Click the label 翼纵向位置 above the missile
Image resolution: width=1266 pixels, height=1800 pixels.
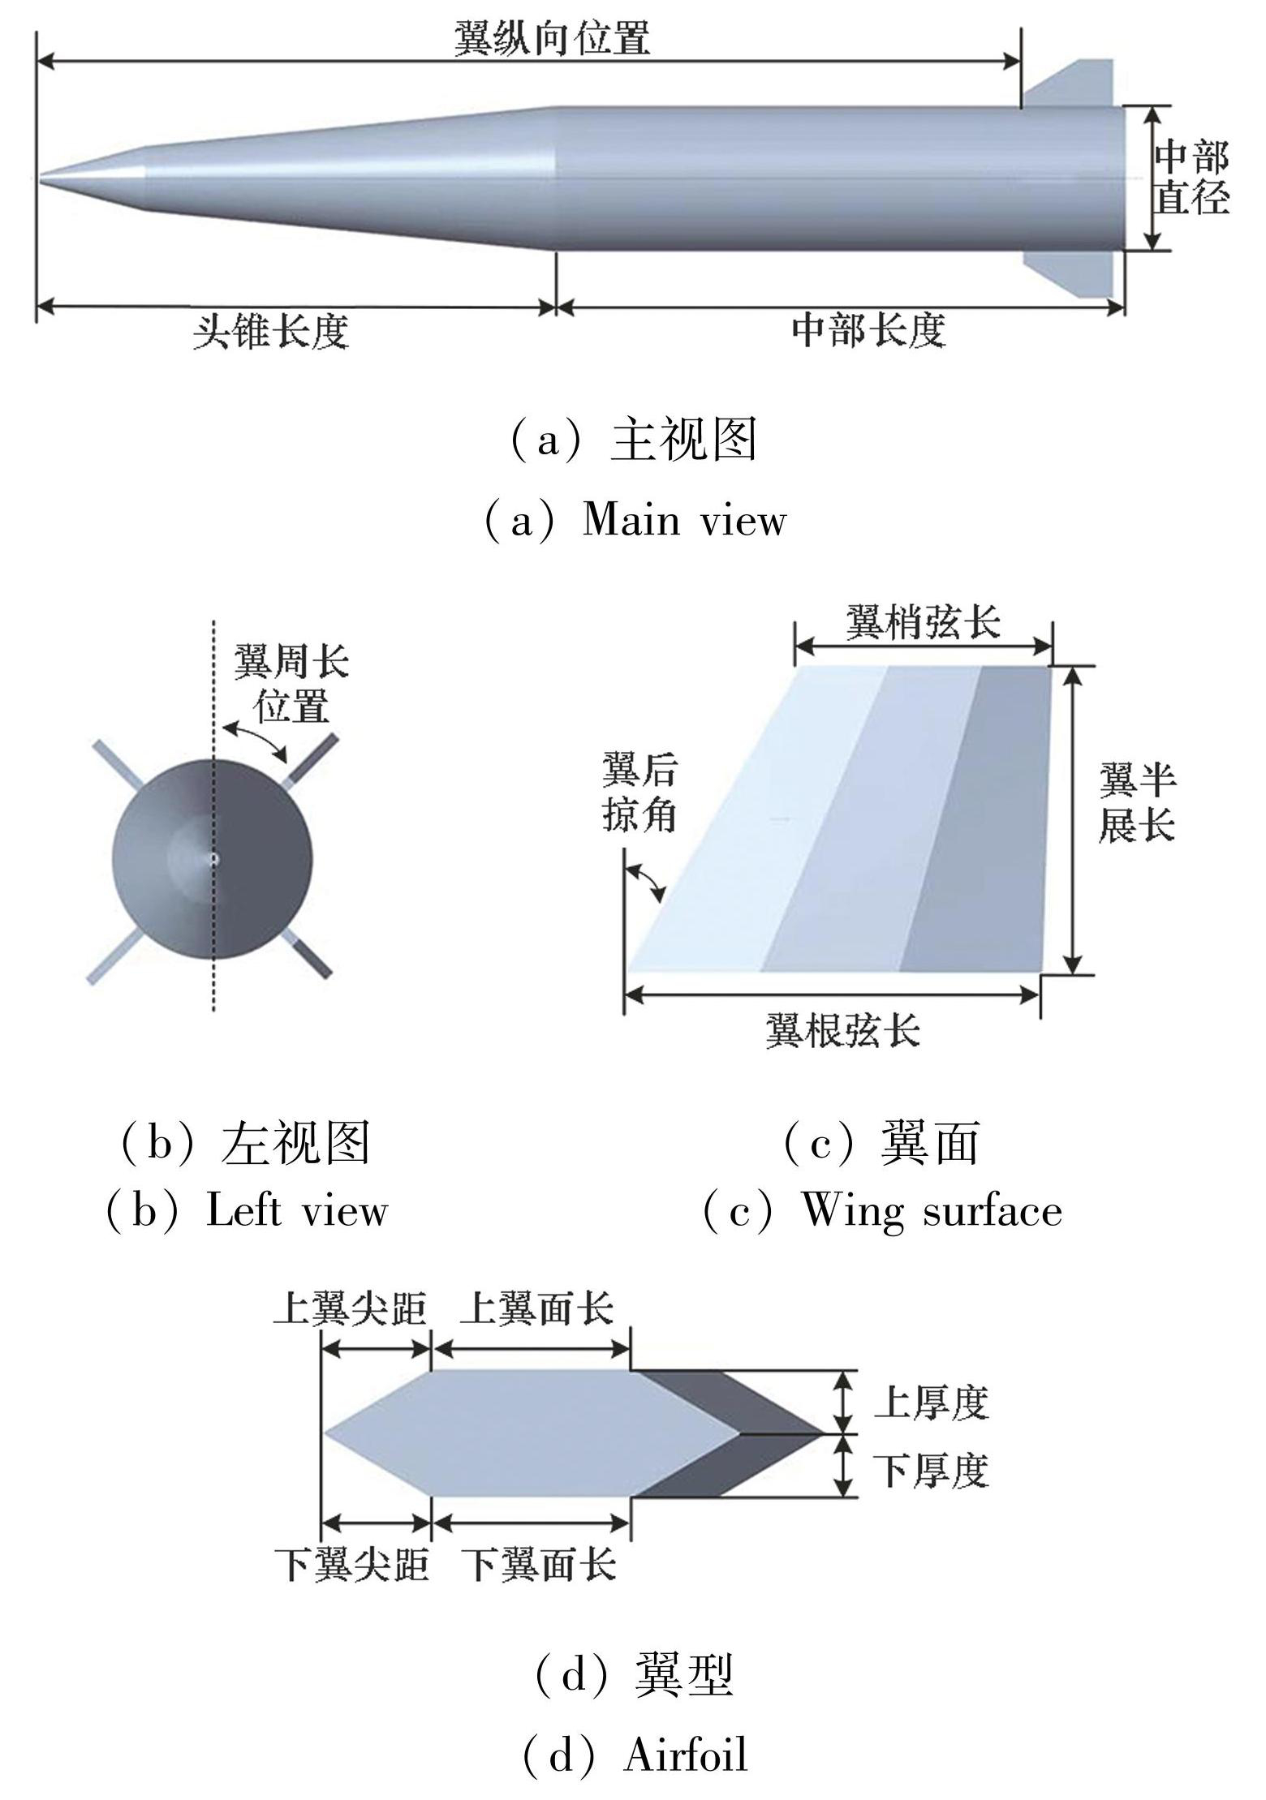[x=552, y=37]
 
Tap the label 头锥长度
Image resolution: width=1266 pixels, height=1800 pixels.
[x=270, y=332]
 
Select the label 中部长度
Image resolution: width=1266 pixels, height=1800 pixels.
[x=868, y=330]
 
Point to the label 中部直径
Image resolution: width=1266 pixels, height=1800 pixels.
[x=1191, y=178]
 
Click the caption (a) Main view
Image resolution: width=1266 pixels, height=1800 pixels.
[x=635, y=519]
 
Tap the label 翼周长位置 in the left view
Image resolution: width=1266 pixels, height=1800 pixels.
[x=291, y=684]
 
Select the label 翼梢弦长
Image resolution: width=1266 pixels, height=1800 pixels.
[x=923, y=623]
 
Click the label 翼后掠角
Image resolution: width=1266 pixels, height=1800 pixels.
[x=639, y=792]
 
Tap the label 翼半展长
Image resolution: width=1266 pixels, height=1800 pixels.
[x=1137, y=804]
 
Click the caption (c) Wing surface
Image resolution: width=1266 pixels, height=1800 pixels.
[x=882, y=1211]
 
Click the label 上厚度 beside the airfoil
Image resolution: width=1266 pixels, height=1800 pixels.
[x=931, y=1403]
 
